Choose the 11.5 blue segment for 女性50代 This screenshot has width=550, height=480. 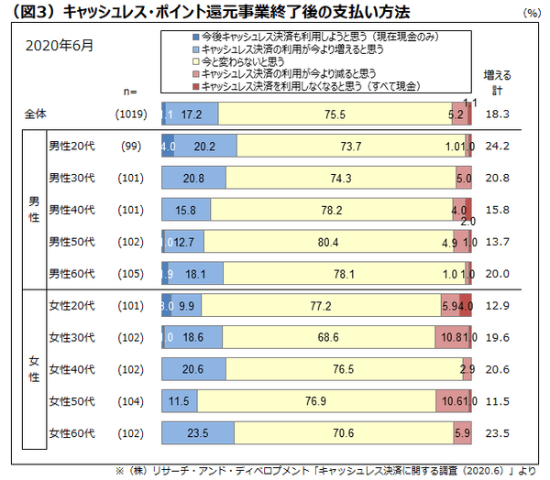click(x=179, y=401)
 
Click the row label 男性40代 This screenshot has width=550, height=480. click(x=71, y=210)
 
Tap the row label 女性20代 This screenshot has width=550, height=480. click(x=71, y=306)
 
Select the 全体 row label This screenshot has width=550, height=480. click(x=37, y=115)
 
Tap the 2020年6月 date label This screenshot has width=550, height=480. click(x=60, y=43)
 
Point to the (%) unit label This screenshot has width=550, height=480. click(x=532, y=14)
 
